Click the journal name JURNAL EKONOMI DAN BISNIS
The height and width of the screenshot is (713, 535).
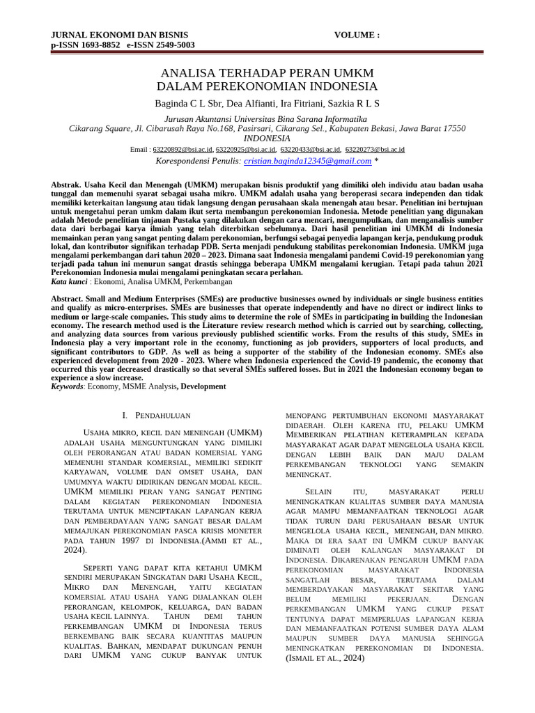coord(109,35)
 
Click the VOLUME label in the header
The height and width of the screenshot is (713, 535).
coord(357,35)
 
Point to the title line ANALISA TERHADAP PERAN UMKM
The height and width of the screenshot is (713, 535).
coord(267,73)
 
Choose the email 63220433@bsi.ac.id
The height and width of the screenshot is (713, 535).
coord(310,150)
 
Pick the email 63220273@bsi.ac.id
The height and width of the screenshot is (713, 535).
coord(375,150)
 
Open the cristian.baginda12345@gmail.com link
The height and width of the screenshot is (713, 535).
coord(307,161)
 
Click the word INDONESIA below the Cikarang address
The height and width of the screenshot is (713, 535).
coord(267,138)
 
